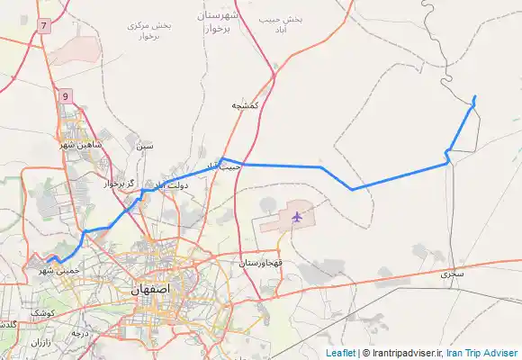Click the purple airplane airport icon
[x=296, y=217]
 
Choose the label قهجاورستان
[x=262, y=264]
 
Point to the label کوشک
[x=42, y=312]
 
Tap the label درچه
[x=83, y=333]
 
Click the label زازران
[x=41, y=343]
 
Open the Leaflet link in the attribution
[x=340, y=353]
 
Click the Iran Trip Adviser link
[x=481, y=353]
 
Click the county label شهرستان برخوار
[x=218, y=23]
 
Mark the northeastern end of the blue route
[x=475, y=96]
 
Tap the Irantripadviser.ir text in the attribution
[x=403, y=353]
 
